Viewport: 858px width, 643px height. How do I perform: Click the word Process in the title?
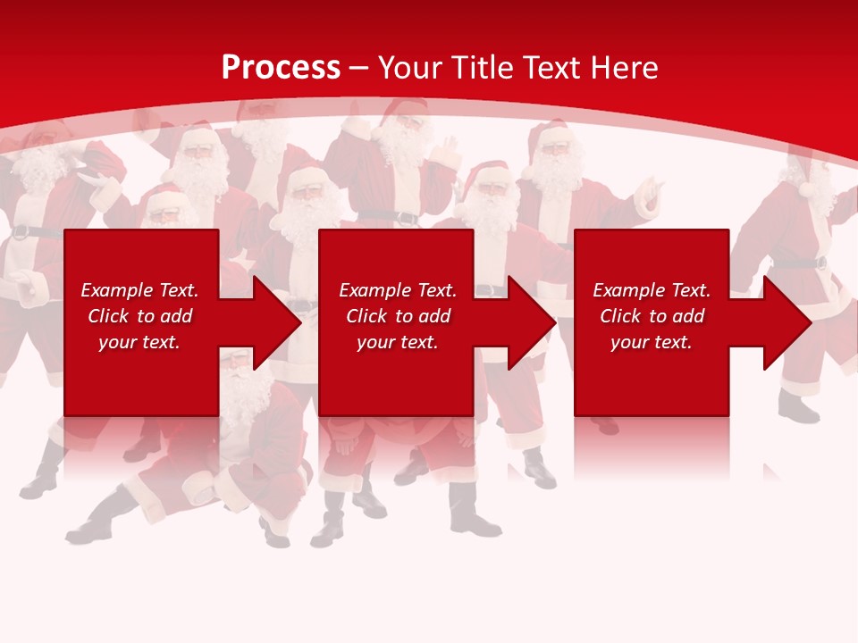(281, 68)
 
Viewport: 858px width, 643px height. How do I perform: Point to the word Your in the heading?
(411, 68)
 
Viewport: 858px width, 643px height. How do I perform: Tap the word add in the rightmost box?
(687, 316)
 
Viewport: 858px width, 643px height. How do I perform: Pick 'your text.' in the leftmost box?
(139, 342)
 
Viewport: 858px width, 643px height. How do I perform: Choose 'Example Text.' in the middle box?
(398, 290)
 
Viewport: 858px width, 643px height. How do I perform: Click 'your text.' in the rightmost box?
(652, 342)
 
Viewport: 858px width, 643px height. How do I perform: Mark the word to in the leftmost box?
(146, 316)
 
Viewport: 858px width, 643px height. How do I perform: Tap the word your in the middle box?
(374, 342)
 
